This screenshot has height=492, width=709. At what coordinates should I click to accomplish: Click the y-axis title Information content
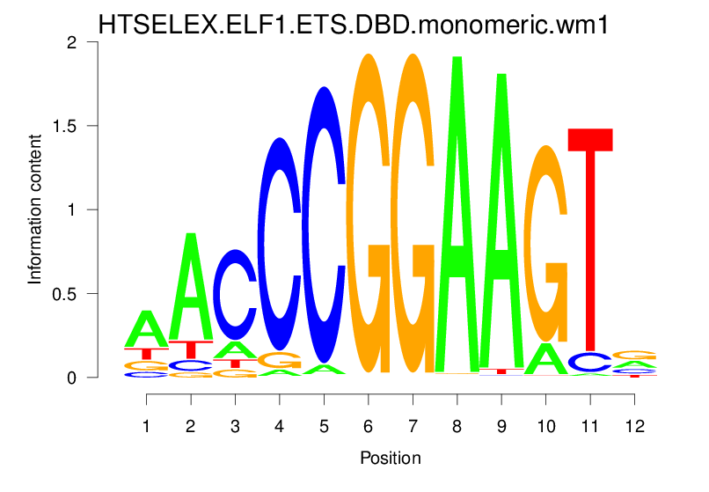[x=35, y=209]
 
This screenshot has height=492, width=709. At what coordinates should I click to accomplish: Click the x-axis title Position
[x=390, y=458]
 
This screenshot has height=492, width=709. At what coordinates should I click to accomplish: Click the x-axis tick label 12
[x=634, y=426]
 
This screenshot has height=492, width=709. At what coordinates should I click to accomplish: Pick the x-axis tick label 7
[x=412, y=426]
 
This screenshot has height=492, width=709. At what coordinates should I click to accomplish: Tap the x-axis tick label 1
[x=146, y=426]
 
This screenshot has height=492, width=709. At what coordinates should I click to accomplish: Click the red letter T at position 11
[x=589, y=238]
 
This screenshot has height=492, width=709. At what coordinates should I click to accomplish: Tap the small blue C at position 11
[x=589, y=362]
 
